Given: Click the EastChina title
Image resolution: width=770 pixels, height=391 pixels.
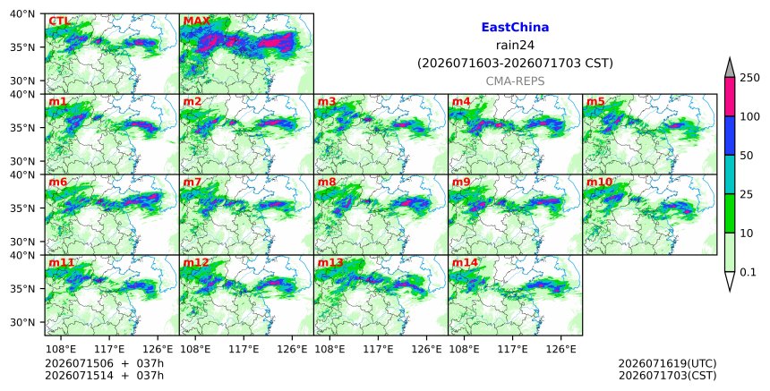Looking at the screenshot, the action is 515,28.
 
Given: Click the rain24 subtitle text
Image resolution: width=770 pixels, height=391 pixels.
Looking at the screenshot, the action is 515,45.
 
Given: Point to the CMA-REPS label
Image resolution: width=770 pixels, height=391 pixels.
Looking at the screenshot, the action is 515,81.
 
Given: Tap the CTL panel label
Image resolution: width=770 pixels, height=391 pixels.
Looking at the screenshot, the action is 59,21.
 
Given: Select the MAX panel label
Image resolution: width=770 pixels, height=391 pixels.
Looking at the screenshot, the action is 196,21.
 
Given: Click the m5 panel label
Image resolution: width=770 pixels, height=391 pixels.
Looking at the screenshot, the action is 595,101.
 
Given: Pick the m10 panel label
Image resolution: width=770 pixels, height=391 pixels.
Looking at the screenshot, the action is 599,182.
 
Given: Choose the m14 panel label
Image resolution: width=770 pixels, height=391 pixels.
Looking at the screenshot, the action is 465,262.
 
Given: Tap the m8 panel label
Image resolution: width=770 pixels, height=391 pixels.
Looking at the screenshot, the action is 327,182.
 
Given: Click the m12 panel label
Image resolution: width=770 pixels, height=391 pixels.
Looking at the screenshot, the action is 195,262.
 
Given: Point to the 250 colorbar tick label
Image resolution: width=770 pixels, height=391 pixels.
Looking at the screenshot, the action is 749,78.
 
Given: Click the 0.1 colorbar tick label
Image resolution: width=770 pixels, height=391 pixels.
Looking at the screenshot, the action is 748,272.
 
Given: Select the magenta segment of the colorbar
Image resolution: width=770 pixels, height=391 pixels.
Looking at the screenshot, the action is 730,97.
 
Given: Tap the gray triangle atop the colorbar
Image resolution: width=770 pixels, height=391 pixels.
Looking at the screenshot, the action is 730,68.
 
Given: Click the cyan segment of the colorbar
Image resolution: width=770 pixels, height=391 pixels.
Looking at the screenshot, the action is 730,174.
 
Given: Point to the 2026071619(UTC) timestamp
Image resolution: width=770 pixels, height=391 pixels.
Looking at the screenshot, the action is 667,363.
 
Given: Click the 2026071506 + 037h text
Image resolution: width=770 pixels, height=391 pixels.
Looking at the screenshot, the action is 104,363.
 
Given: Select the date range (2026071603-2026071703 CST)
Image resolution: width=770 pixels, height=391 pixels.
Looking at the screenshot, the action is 515,64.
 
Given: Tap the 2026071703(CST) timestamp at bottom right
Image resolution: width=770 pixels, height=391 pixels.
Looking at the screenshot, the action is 667,376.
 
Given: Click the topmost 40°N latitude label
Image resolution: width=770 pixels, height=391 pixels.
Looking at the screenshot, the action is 22,13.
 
